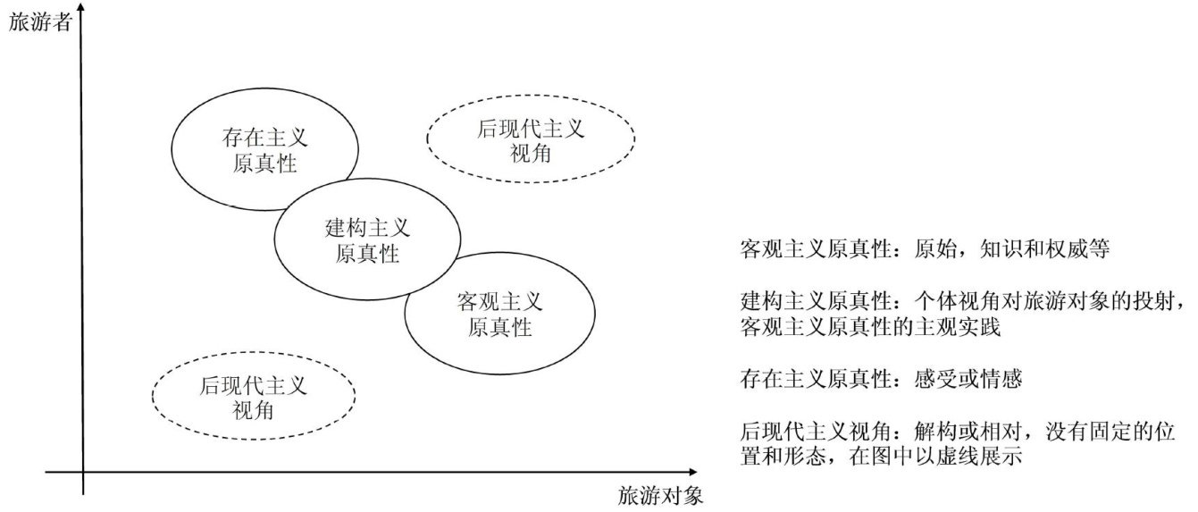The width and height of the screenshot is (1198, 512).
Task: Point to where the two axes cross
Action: click(82, 471)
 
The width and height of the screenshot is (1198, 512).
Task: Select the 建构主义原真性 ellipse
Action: click(367, 240)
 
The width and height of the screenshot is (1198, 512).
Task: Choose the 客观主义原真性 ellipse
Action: click(499, 313)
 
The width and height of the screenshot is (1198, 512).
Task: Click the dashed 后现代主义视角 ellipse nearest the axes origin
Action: click(254, 398)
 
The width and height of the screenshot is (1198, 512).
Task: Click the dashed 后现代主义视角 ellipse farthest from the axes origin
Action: click(531, 139)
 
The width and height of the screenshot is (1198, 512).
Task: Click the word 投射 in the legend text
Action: click(1159, 301)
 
